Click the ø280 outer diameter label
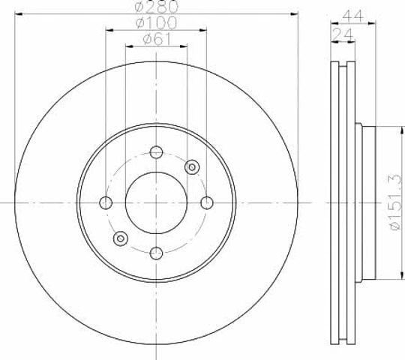click(157, 6)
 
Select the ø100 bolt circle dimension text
click(157, 22)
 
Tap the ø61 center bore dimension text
click(157, 39)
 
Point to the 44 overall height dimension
click(352, 16)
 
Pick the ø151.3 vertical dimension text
click(396, 202)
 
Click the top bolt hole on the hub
click(156, 152)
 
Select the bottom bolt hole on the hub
click(156, 253)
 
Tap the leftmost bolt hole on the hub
click(106, 202)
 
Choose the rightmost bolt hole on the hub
click(207, 202)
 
